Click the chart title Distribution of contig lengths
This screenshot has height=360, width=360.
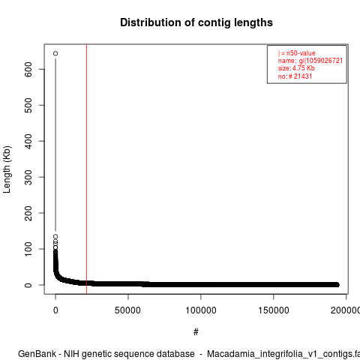(196, 22)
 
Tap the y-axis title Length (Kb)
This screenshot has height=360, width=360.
(7, 169)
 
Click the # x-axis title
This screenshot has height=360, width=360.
(196, 332)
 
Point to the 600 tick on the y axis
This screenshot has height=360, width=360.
(28, 69)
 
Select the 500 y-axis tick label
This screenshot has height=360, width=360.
(28, 105)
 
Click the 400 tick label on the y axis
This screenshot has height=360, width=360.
(28, 141)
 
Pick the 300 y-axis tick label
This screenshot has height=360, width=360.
(28, 177)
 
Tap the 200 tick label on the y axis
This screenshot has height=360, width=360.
(28, 213)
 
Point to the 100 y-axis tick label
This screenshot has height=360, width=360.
(28, 249)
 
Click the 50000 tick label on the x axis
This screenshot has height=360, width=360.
(127, 310)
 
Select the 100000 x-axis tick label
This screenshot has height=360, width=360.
(201, 310)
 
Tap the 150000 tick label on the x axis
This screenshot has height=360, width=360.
(274, 310)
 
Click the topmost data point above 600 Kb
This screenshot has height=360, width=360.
(55, 53)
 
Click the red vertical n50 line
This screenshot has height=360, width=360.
(86, 169)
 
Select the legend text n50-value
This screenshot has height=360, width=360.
(301, 53)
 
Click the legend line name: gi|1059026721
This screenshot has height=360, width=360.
(310, 61)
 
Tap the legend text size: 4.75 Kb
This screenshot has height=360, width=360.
(296, 68)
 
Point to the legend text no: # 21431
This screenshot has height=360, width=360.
(295, 76)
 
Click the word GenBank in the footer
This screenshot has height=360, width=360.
(37, 354)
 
